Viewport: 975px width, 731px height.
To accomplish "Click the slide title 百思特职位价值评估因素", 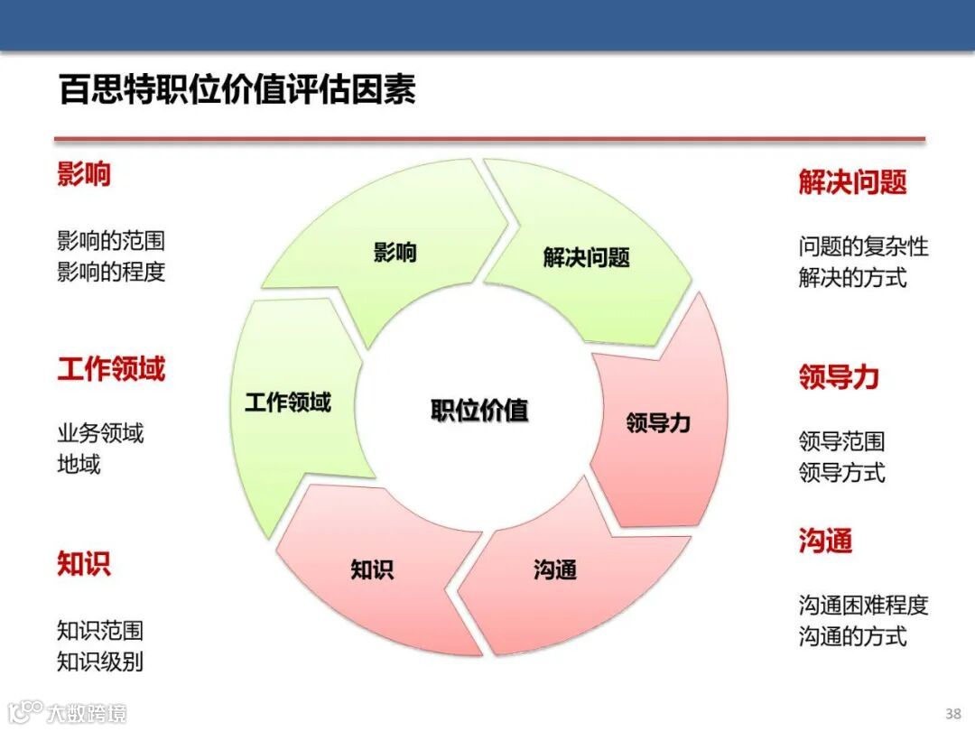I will (x=237, y=91).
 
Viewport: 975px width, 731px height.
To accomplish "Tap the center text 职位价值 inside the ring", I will (x=479, y=411).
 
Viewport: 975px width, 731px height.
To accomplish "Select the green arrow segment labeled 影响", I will (x=395, y=252).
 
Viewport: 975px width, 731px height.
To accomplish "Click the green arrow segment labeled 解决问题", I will (x=586, y=257).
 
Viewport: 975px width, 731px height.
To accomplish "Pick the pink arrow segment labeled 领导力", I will (x=658, y=421).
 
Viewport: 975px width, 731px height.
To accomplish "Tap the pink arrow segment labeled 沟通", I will (x=554, y=569).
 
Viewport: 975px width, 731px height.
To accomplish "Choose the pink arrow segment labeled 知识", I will (x=372, y=569).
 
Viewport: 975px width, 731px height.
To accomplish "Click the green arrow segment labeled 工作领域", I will (x=288, y=403).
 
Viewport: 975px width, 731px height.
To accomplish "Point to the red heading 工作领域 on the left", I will (x=111, y=369).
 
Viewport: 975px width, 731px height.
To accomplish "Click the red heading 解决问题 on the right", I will (x=852, y=182).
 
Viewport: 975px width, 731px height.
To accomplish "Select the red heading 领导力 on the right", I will (x=839, y=377).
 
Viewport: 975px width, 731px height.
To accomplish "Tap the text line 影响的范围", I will (x=111, y=241).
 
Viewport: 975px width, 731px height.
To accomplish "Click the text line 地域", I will (x=79, y=465).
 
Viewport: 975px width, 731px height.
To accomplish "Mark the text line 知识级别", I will (x=100, y=662).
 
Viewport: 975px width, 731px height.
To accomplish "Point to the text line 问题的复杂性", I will (x=863, y=246).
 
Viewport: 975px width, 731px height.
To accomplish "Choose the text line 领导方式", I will (x=841, y=472).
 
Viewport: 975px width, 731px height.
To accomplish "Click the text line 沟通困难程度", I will (x=863, y=606).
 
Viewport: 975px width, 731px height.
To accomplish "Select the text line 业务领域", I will (x=100, y=434).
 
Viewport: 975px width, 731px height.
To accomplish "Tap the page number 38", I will (x=952, y=712).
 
